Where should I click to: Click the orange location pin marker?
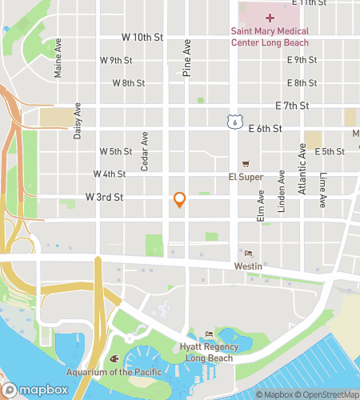180,200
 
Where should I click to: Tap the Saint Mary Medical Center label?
269,37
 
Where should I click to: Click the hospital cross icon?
270,17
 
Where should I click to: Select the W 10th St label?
142,37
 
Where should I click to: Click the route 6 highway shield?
232,121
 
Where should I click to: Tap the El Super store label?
246,177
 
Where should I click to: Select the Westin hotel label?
246,265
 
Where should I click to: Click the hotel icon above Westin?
246,253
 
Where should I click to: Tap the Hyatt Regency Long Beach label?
210,351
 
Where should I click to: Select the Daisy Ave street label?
78,121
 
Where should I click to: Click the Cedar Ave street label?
145,151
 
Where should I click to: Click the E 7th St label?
292,106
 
